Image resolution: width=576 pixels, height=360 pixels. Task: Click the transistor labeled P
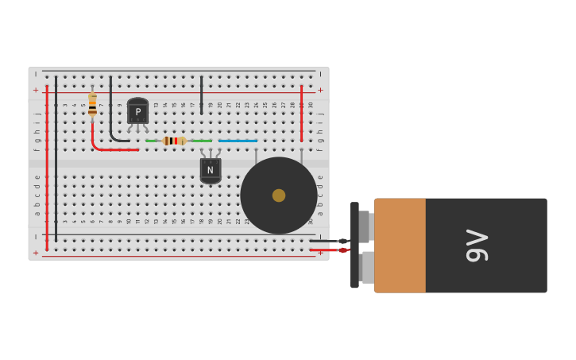click(137, 112)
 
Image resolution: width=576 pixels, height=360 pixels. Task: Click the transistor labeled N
click(210, 169)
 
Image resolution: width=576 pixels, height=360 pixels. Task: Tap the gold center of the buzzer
click(279, 195)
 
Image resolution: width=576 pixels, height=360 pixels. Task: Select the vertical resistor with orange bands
click(92, 104)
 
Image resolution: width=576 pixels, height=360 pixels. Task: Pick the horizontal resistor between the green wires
click(173, 141)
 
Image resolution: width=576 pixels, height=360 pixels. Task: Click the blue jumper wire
click(238, 141)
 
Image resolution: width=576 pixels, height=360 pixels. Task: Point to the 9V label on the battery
click(477, 246)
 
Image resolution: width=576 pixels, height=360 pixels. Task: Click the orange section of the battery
click(400, 246)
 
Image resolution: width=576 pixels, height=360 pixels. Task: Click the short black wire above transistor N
click(202, 94)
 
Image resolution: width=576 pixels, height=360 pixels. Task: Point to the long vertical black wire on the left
click(56, 159)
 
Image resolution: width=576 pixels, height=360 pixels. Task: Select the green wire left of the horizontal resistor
click(151, 141)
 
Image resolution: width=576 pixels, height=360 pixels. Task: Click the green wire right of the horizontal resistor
click(202, 141)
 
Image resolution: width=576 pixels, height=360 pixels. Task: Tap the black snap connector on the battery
click(355, 245)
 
